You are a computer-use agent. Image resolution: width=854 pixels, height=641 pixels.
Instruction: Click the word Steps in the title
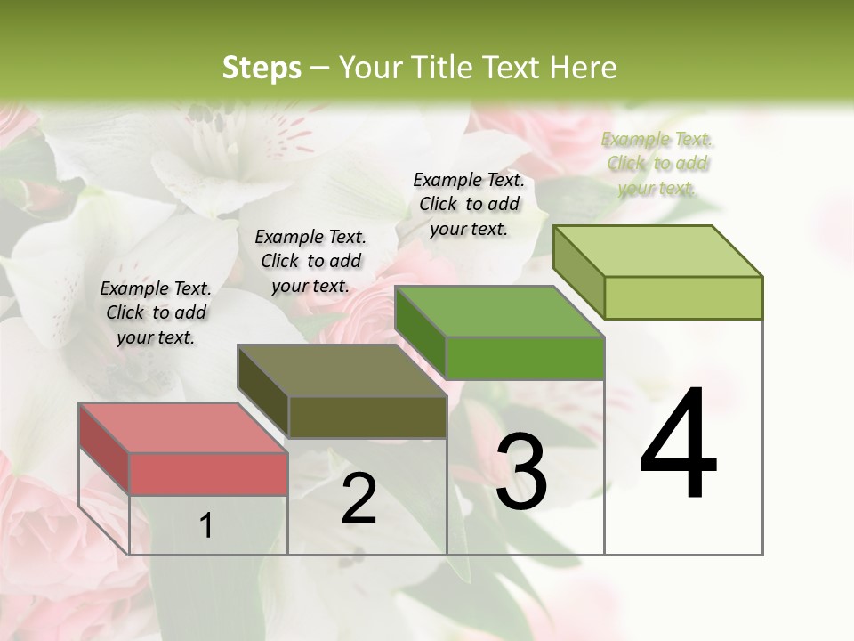click(x=262, y=69)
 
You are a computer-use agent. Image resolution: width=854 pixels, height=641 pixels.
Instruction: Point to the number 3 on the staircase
click(x=521, y=472)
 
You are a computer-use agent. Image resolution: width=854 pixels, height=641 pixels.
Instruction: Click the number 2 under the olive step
click(x=359, y=499)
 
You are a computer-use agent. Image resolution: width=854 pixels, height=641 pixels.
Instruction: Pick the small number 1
click(x=205, y=526)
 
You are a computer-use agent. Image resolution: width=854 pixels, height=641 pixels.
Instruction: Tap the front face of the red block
click(x=208, y=473)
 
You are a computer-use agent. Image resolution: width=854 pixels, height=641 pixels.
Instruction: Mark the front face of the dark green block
click(x=525, y=357)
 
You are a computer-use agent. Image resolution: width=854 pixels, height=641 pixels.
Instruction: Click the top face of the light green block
click(x=657, y=251)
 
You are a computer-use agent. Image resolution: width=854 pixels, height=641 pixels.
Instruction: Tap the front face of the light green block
click(x=683, y=296)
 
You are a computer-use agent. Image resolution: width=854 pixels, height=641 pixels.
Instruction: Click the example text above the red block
click(x=156, y=312)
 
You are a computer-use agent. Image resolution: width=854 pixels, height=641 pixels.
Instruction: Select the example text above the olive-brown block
click(x=310, y=261)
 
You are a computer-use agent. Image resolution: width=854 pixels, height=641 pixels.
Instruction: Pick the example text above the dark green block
click(x=469, y=204)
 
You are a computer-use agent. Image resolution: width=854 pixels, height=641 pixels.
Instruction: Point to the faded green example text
click(x=657, y=163)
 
